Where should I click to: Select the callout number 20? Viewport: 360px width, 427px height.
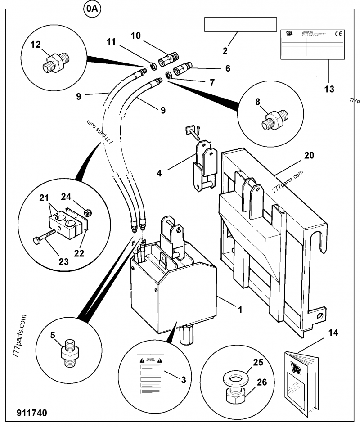pos(309,155)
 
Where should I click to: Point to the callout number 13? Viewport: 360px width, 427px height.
pos(329,89)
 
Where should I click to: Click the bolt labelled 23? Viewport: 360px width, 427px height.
pos(44,236)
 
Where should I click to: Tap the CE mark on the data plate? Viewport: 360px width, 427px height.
pos(338,34)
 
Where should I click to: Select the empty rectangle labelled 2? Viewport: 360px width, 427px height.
pos(240,25)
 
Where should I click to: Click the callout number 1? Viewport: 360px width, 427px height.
pos(240,310)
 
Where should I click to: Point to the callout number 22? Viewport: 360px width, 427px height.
pos(79,253)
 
